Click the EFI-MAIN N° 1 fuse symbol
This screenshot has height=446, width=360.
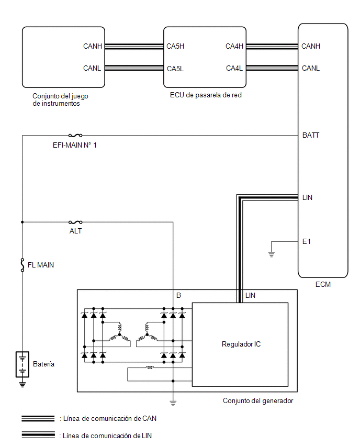pos(75,136)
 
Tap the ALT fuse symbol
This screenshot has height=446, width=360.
pos(75,222)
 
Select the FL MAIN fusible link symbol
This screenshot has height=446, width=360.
pos(22,265)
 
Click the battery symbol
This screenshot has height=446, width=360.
pos(22,364)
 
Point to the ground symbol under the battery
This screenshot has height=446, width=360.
pos(22,385)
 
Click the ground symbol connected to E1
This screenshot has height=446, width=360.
pos(272,254)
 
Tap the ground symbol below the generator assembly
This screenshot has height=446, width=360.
pos(173,403)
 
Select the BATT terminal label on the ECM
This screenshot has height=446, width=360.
pos(310,135)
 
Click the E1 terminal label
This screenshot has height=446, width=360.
pos(306,241)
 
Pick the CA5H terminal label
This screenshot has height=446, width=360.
pos(175,46)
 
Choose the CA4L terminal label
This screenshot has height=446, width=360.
pos(234,68)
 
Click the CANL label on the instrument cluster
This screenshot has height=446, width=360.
pos(92,68)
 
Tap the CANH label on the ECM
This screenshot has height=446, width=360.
pos(311,46)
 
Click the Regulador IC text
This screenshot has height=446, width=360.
pos(241,344)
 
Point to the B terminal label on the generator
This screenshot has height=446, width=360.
pos(178,296)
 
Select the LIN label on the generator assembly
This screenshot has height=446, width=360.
pos(250,296)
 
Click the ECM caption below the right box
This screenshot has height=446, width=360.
pos(323,284)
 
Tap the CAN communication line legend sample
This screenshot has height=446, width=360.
pos(38,418)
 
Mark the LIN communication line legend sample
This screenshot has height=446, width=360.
pos(38,435)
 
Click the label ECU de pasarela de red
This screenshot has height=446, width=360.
pos(206,95)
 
